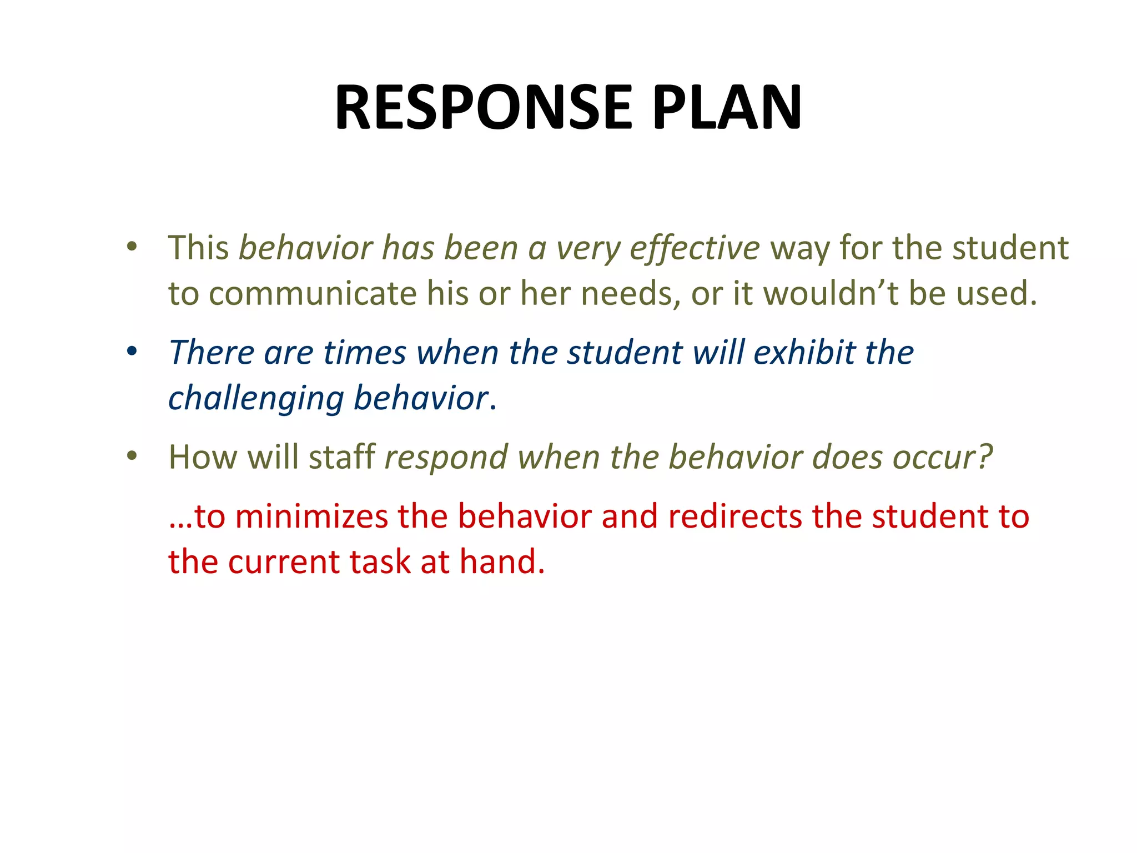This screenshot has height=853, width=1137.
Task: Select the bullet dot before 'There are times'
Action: pyautogui.click(x=132, y=352)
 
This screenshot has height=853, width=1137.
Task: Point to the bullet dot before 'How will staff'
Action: pyautogui.click(x=132, y=456)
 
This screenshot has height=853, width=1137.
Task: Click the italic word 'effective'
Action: pyautogui.click(x=695, y=248)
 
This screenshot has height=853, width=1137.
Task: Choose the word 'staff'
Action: pyautogui.click(x=342, y=456)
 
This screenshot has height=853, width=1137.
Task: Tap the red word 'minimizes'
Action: pyautogui.click(x=311, y=516)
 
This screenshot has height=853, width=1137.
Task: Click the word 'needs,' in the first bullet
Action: pyautogui.click(x=631, y=293)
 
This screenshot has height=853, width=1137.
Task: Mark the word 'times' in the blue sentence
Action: pyautogui.click(x=365, y=352)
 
